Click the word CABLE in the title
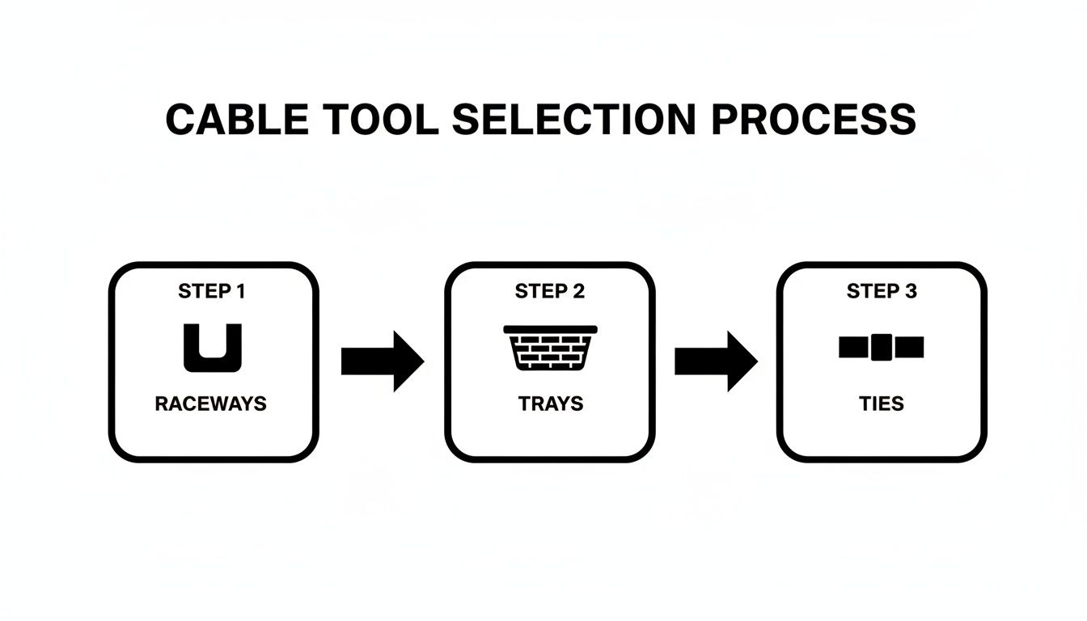pyautogui.click(x=237, y=120)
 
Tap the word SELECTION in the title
pyautogui.click(x=573, y=120)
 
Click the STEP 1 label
pyautogui.click(x=211, y=292)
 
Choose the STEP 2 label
pyautogui.click(x=550, y=292)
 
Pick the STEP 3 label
pyautogui.click(x=882, y=292)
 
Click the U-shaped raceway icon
pyautogui.click(x=212, y=349)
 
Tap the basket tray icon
pyautogui.click(x=550, y=349)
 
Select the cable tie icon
pyautogui.click(x=882, y=348)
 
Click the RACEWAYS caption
pyautogui.click(x=210, y=403)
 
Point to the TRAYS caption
pyautogui.click(x=550, y=403)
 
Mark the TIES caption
pyautogui.click(x=882, y=403)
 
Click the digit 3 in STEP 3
pyautogui.click(x=911, y=292)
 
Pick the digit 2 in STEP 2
pyautogui.click(x=578, y=292)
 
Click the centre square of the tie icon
pyautogui.click(x=882, y=348)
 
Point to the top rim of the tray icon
pyautogui.click(x=550, y=329)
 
